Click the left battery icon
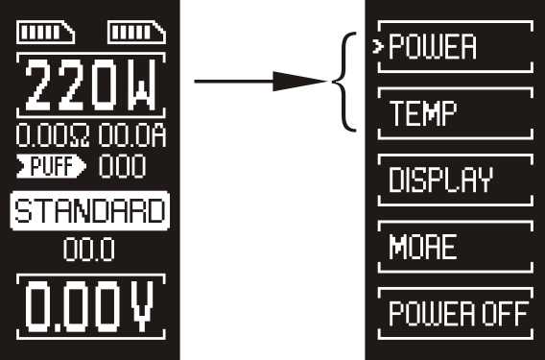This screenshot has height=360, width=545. pos(45,33)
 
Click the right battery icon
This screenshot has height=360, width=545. pos(137,33)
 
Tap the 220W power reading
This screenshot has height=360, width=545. pos(90,84)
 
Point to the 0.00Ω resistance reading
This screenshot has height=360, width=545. pos(53,135)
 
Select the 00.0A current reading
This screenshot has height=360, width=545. pos(132,135)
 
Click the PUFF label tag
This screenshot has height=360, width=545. pos(51,166)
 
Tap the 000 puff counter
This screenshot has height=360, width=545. pos(123,166)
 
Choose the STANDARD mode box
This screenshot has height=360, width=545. pos(90,211)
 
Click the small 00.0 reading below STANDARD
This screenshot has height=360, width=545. pos(89,250)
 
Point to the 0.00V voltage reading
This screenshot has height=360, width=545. pos(90,307)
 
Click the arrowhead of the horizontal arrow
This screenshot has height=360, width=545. pos(299,82)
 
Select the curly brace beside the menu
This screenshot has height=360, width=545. pos(344,82)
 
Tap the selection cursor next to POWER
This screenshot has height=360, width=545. pos(377,47)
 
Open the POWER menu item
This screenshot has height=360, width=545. pos(433,47)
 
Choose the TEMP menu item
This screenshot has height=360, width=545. pos(423,113)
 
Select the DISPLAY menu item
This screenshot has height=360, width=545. pos(440,180)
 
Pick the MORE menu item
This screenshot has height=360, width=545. pos(422,247)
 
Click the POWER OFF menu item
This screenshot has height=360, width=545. pos(459,314)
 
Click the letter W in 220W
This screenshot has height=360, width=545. pos(141,84)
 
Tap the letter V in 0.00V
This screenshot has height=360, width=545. pos(141,307)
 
